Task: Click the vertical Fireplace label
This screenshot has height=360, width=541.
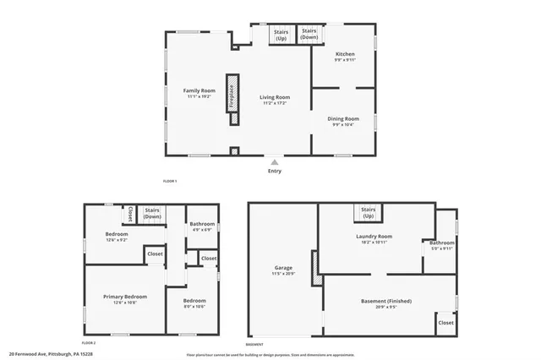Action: pyautogui.click(x=231, y=97)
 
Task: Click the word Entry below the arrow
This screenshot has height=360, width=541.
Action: pyautogui.click(x=275, y=171)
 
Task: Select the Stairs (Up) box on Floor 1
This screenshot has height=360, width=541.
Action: pyautogui.click(x=281, y=35)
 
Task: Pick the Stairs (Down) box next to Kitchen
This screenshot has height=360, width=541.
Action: pyautogui.click(x=309, y=35)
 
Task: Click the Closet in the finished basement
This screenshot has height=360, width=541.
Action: pyautogui.click(x=445, y=322)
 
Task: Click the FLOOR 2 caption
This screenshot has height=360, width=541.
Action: pyautogui.click(x=88, y=343)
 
